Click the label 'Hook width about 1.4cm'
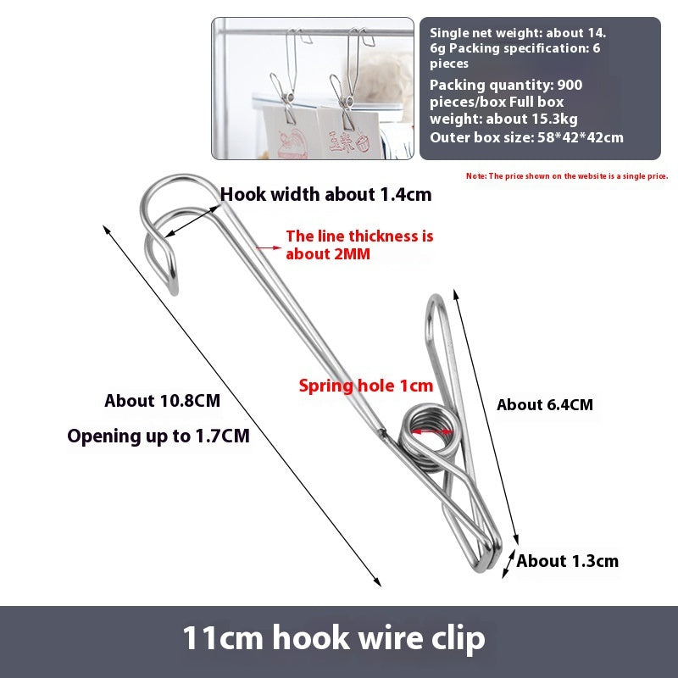click(x=325, y=195)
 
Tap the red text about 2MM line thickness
click(x=359, y=245)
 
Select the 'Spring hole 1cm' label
click(x=366, y=386)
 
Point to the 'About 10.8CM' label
click(x=162, y=400)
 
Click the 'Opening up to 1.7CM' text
click(x=158, y=436)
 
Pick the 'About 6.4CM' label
click(x=545, y=405)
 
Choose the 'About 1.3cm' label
click(x=567, y=561)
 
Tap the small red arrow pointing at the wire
click(x=268, y=247)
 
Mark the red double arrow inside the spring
click(x=431, y=431)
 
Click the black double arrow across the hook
click(x=192, y=221)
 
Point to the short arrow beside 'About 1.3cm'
click(x=508, y=564)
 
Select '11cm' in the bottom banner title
click(x=222, y=638)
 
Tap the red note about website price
click(x=567, y=176)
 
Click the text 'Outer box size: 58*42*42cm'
click(x=526, y=137)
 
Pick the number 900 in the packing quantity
click(x=570, y=85)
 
